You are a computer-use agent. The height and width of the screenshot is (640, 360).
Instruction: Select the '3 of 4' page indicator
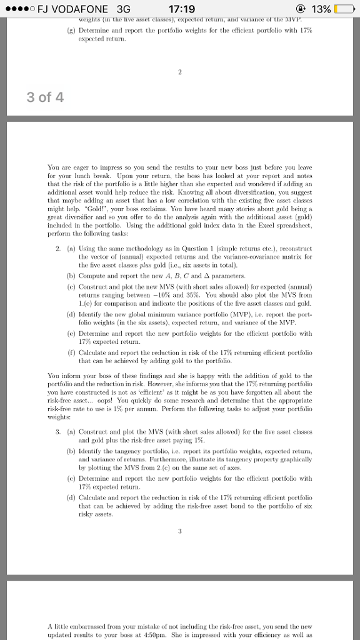click(45, 97)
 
